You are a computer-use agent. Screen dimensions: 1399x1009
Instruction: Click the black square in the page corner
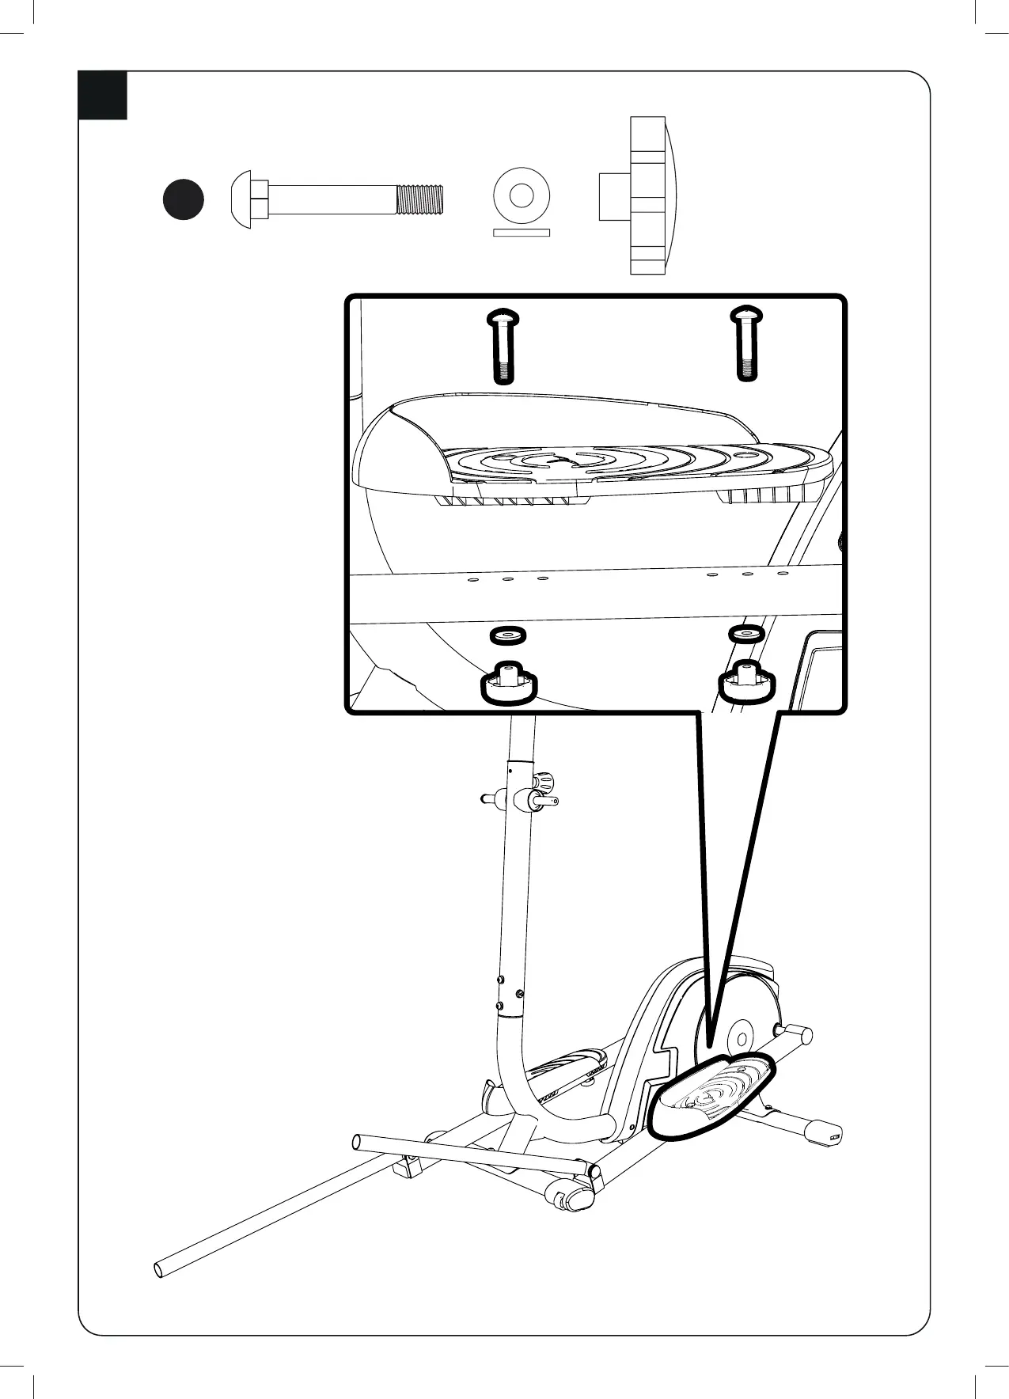point(103,96)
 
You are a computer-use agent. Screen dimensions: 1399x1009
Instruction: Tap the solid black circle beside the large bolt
point(183,199)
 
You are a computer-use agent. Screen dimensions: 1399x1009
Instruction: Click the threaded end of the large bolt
point(419,199)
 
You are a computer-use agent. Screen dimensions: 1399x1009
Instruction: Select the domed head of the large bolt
point(241,199)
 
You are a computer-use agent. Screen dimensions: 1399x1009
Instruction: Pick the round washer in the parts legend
point(521,195)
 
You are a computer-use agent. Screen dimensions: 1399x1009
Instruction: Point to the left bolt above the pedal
point(503,345)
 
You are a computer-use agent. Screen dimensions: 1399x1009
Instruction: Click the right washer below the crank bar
point(745,634)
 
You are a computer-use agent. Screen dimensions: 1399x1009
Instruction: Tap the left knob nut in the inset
point(509,683)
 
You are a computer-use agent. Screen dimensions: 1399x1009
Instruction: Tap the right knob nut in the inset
point(746,682)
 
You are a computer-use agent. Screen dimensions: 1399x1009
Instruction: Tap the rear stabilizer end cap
point(824,1132)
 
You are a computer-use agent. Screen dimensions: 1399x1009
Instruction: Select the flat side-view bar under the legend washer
point(521,233)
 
